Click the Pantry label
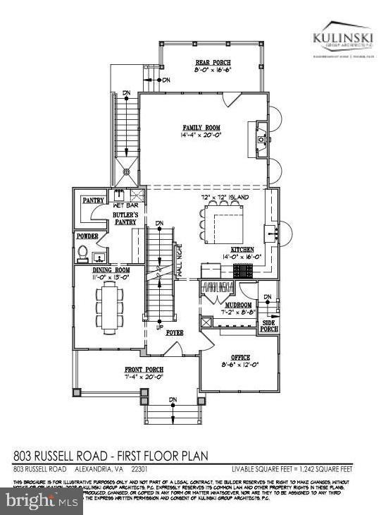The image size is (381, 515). click(x=93, y=200)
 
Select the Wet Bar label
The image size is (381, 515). click(x=125, y=205)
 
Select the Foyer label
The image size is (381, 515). click(x=175, y=331)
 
